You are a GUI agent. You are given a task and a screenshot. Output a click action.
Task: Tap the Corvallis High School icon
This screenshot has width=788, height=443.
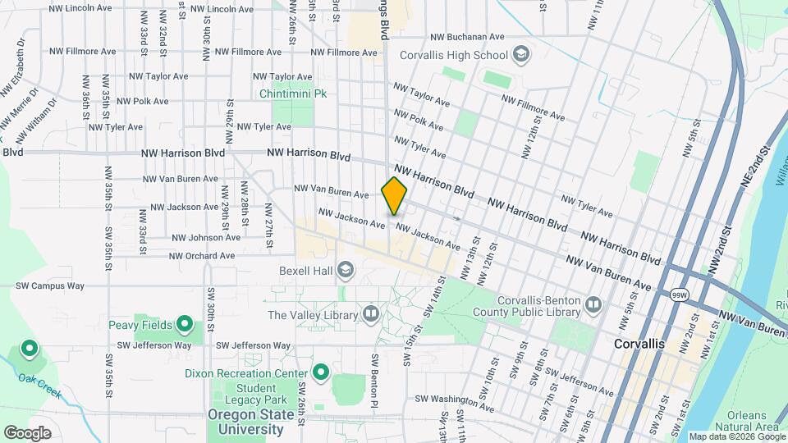click(520, 55)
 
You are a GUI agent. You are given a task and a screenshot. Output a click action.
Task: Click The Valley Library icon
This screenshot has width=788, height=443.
click(371, 314)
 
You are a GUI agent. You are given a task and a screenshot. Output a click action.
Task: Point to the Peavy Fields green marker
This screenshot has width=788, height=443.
click(185, 325)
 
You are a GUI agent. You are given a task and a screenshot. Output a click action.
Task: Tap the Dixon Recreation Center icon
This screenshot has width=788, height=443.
click(320, 373)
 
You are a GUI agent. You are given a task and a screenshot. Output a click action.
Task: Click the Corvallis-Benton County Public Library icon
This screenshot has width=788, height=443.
click(593, 306)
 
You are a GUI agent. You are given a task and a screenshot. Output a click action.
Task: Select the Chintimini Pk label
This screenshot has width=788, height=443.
click(293, 94)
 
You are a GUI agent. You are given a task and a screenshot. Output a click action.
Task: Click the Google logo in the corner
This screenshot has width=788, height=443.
click(27, 432)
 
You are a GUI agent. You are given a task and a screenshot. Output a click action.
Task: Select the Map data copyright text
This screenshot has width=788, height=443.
click(736, 436)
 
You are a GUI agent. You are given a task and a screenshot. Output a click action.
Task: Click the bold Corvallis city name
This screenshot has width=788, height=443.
click(639, 345)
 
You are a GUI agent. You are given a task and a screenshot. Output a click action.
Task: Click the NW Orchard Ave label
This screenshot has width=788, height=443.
click(202, 256)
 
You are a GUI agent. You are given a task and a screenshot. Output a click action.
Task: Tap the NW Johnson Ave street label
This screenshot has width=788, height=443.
click(206, 237)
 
